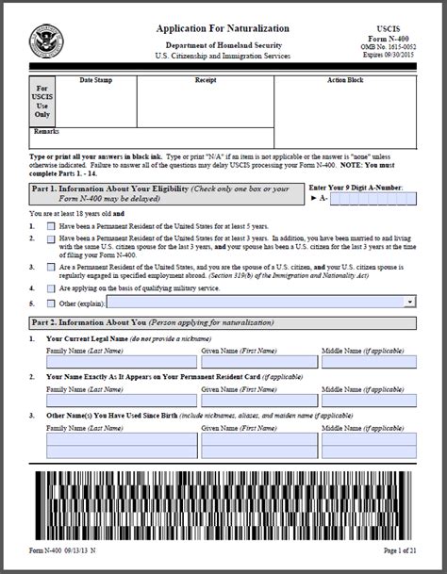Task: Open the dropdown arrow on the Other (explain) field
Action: tap(410, 301)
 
